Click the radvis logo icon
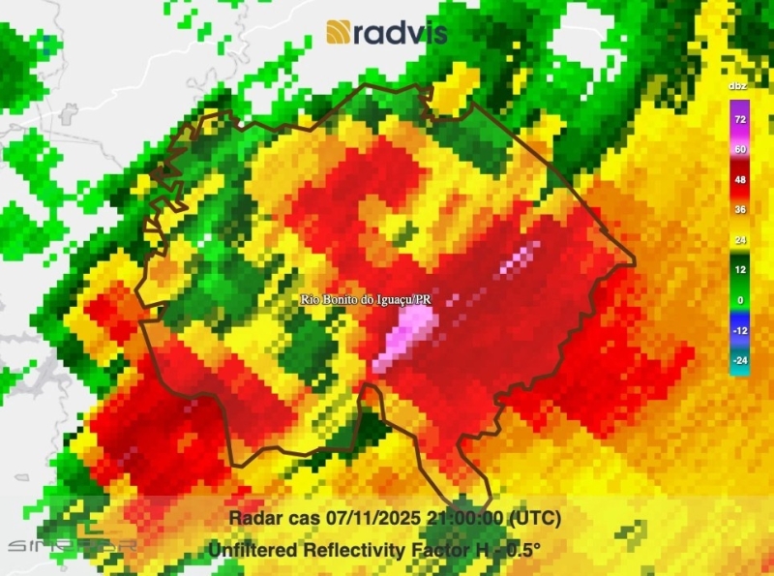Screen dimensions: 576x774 point(339,32)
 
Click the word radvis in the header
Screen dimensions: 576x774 point(400,32)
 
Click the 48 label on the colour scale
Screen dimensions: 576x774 point(740,179)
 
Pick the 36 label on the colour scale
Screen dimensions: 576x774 point(740,209)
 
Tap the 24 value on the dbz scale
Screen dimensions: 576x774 point(740,239)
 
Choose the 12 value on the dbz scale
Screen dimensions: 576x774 point(740,270)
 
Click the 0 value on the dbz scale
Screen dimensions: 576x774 point(740,300)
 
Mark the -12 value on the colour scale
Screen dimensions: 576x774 point(740,330)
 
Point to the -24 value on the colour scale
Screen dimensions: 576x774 point(740,361)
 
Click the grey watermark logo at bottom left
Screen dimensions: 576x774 point(72,542)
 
